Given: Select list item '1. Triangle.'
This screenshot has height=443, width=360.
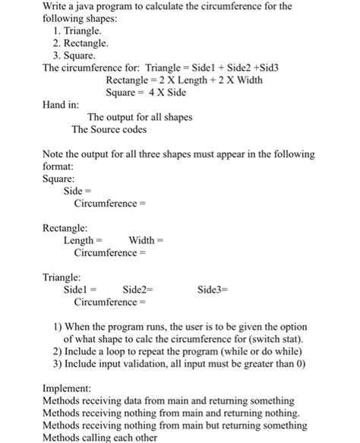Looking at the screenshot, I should [80, 30].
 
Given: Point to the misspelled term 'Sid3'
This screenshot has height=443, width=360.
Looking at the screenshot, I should [270, 68].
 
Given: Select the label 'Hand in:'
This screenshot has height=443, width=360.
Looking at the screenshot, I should [61, 104].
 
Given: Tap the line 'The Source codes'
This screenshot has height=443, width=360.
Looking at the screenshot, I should [109, 129].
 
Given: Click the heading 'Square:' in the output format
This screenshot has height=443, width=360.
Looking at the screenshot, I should [58, 178].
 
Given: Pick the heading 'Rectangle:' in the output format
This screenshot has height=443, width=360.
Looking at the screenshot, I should [65, 227].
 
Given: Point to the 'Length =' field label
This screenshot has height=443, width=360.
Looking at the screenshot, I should [83, 240].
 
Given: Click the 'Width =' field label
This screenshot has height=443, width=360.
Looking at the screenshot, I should [147, 240].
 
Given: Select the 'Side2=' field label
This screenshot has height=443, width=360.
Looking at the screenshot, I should [137, 290].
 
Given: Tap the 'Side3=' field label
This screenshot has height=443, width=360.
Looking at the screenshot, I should [213, 290].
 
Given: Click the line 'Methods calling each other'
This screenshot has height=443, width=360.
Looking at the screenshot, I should [102, 437].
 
